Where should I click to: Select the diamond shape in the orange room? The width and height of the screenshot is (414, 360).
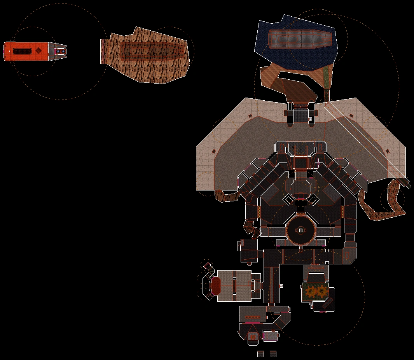pos(38,51)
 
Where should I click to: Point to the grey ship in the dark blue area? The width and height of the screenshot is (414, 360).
pos(301,38)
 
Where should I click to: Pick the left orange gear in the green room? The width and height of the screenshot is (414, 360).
pos(311,291)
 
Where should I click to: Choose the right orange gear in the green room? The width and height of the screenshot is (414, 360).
pos(322,291)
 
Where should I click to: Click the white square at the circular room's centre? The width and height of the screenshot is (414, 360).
pos(300,230)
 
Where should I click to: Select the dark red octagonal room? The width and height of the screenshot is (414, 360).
pos(216,285)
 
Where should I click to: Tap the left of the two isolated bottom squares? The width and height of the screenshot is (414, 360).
pos(260,354)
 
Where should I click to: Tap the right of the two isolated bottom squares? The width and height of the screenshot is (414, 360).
pos(273,354)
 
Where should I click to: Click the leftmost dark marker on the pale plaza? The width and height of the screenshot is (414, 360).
pos(213,151)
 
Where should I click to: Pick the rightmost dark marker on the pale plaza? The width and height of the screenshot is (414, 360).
pos(387,151)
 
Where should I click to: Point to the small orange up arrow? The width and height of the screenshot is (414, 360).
pos(253,337)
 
